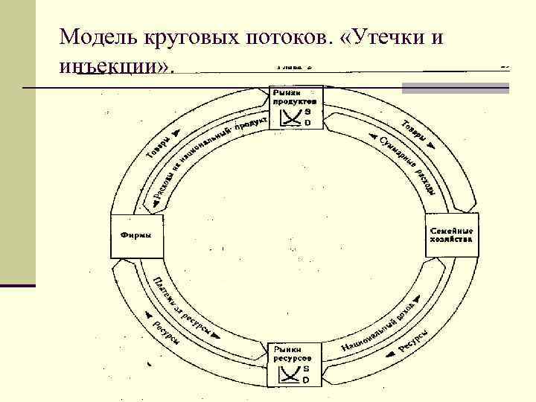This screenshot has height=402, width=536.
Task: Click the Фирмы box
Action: (136, 236)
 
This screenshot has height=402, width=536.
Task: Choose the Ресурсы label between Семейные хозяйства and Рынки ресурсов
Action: (413, 339)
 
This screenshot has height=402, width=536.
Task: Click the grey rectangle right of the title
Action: (456, 87)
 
